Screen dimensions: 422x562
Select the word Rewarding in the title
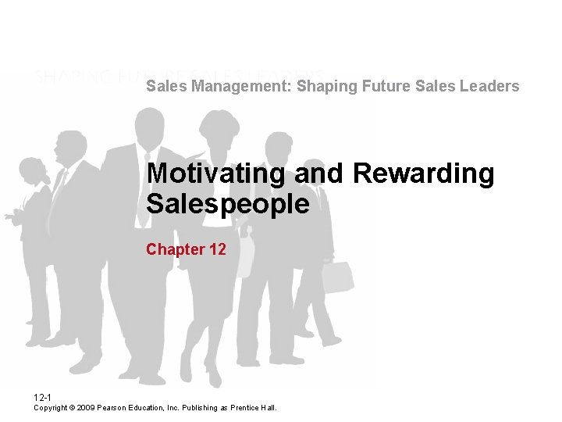click(424, 173)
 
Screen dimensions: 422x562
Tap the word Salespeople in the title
click(227, 204)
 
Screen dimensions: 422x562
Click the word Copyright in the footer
click(51, 408)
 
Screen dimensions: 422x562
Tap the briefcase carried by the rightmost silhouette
click(337, 277)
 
